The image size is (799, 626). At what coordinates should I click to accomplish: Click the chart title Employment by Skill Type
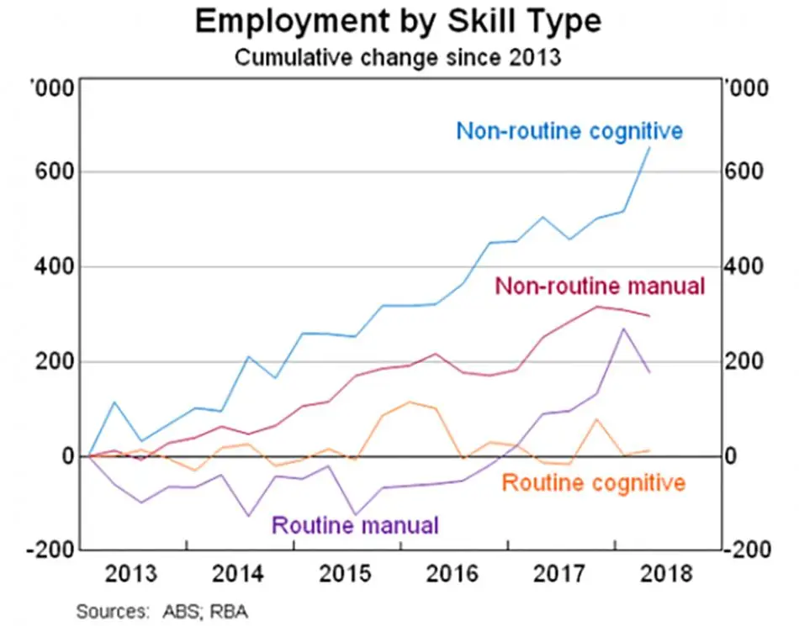point(399,21)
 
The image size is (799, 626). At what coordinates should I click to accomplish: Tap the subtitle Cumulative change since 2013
point(398,57)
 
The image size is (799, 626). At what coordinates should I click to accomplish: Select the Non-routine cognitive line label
point(569,131)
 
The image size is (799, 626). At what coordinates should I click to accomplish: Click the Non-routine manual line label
point(600,286)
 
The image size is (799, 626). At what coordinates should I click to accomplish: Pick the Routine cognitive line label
point(594,482)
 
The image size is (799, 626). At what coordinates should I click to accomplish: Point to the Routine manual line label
point(355,524)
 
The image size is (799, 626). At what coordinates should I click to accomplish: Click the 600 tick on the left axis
point(55,171)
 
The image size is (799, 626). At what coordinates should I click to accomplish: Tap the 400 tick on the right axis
point(744,266)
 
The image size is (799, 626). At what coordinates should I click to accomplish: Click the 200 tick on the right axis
point(744,361)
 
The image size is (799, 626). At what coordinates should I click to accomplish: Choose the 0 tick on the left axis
point(68,456)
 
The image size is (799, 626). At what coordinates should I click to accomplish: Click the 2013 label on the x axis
point(131,574)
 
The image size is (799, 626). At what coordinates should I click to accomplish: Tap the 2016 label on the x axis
point(452,574)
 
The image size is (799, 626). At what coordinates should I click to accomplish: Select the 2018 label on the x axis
point(666,574)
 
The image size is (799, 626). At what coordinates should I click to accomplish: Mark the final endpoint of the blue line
point(649,148)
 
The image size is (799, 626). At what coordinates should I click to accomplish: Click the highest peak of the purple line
point(623,329)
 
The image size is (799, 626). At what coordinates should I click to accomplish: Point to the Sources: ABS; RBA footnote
point(162,611)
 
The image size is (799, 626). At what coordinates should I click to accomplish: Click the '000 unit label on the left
point(52,88)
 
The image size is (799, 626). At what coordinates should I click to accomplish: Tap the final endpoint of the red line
point(649,316)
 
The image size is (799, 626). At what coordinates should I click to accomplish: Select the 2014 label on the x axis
point(238,574)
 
